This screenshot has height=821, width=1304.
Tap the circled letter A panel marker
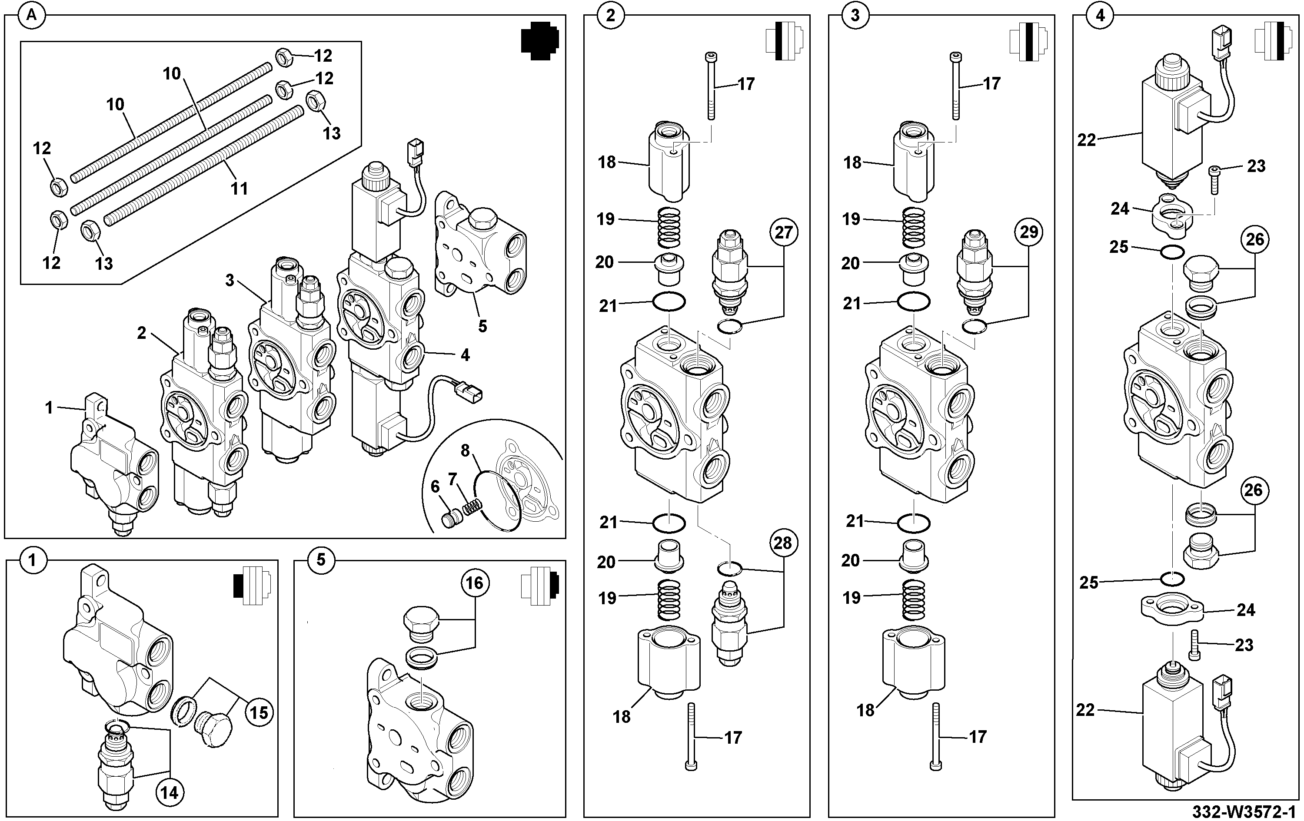(x=32, y=16)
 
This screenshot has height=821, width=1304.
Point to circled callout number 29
(x=1029, y=232)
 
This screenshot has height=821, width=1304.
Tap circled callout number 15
(x=259, y=712)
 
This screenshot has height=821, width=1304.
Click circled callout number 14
(x=169, y=793)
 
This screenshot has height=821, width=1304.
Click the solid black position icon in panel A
(x=539, y=40)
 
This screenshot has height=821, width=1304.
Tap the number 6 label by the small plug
(x=435, y=487)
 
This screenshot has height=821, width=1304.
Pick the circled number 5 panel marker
(x=321, y=559)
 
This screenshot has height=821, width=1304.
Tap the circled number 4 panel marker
(x=1101, y=16)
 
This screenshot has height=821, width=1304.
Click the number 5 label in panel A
(x=482, y=326)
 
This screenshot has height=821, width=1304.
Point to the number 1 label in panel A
(x=49, y=407)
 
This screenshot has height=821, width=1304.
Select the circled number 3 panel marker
(x=855, y=15)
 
